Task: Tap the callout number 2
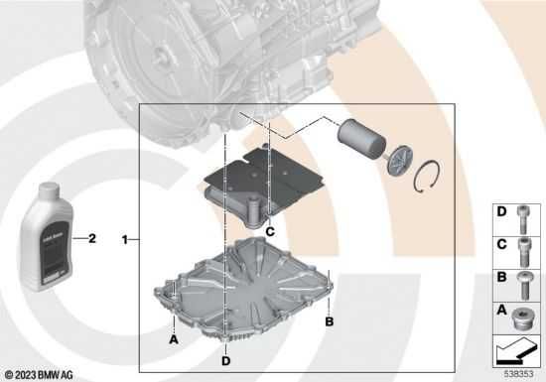(92, 238)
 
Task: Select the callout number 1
(124, 239)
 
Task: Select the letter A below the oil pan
(173, 338)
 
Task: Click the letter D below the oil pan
(226, 348)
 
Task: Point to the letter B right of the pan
(330, 321)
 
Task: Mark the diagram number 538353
(518, 374)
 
